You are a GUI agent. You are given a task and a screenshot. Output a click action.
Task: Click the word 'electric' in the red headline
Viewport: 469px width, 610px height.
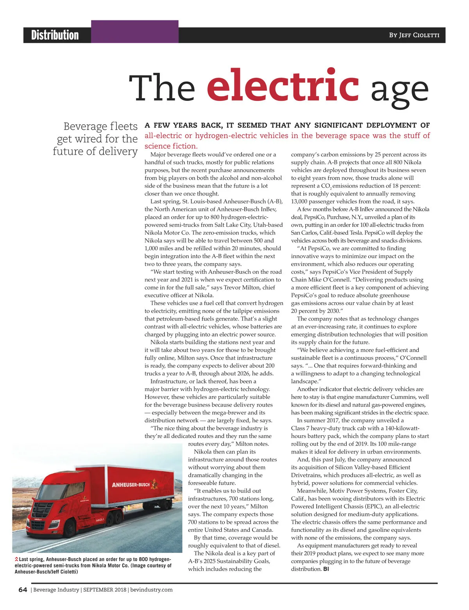click(x=282, y=85)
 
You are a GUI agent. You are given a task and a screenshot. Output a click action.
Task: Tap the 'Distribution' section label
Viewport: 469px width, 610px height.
click(x=55, y=35)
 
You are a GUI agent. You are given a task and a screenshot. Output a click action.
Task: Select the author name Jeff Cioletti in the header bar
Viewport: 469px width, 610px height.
click(x=414, y=35)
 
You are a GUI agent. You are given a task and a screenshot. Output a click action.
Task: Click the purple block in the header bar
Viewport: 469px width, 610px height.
click(x=135, y=32)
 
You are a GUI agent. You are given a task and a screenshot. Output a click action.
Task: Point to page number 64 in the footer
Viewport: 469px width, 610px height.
click(x=23, y=590)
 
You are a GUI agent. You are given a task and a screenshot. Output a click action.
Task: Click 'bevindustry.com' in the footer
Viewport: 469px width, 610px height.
click(x=151, y=590)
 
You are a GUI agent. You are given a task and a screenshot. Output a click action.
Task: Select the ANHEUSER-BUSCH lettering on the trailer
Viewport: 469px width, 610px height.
click(x=131, y=485)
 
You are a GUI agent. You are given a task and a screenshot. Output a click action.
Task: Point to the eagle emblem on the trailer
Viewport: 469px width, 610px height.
click(x=156, y=485)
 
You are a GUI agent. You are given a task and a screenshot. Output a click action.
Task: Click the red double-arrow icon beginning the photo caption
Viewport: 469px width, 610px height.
click(x=16, y=560)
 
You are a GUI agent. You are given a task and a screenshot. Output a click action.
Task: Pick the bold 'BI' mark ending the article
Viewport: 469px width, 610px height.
click(x=326, y=569)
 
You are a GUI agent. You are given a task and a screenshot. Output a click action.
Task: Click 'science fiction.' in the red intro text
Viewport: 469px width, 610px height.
click(x=171, y=146)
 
